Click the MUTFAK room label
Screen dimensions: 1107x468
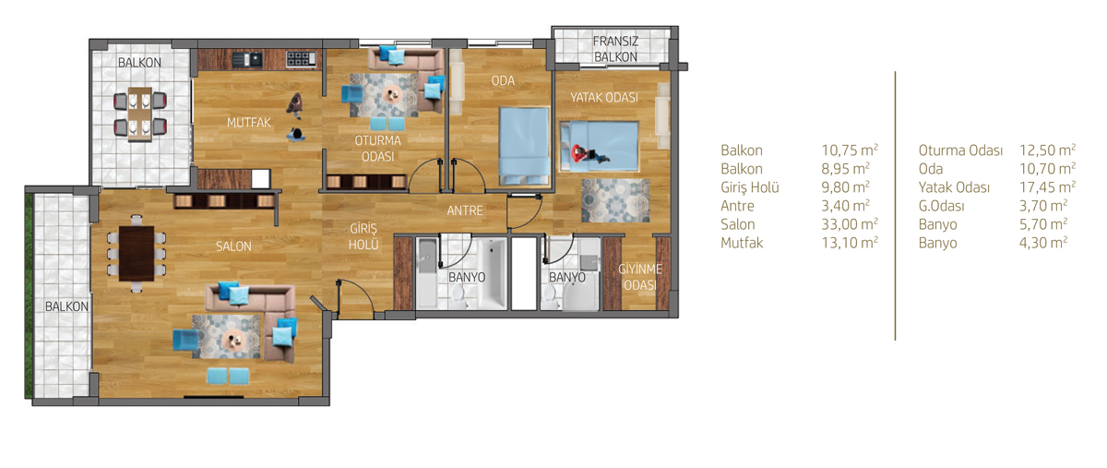248,122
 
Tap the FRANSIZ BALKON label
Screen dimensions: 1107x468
615,49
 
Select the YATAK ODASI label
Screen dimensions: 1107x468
604,98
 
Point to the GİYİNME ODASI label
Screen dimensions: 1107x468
640,277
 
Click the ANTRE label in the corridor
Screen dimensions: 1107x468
465,210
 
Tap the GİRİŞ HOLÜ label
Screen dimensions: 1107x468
363,236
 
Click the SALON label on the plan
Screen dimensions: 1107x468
233,246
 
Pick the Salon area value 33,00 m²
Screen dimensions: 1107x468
850,224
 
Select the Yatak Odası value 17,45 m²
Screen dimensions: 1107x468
1047,187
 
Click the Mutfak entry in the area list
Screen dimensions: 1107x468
742,243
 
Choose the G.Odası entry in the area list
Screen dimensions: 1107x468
942,206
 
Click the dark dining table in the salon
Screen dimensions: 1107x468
137,253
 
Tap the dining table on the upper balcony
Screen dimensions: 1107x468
140,114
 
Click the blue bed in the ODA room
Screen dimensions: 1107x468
524,147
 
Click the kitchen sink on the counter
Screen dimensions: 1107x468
246,60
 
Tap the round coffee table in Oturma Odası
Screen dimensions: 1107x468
393,93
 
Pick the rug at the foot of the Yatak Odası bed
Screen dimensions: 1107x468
615,200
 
